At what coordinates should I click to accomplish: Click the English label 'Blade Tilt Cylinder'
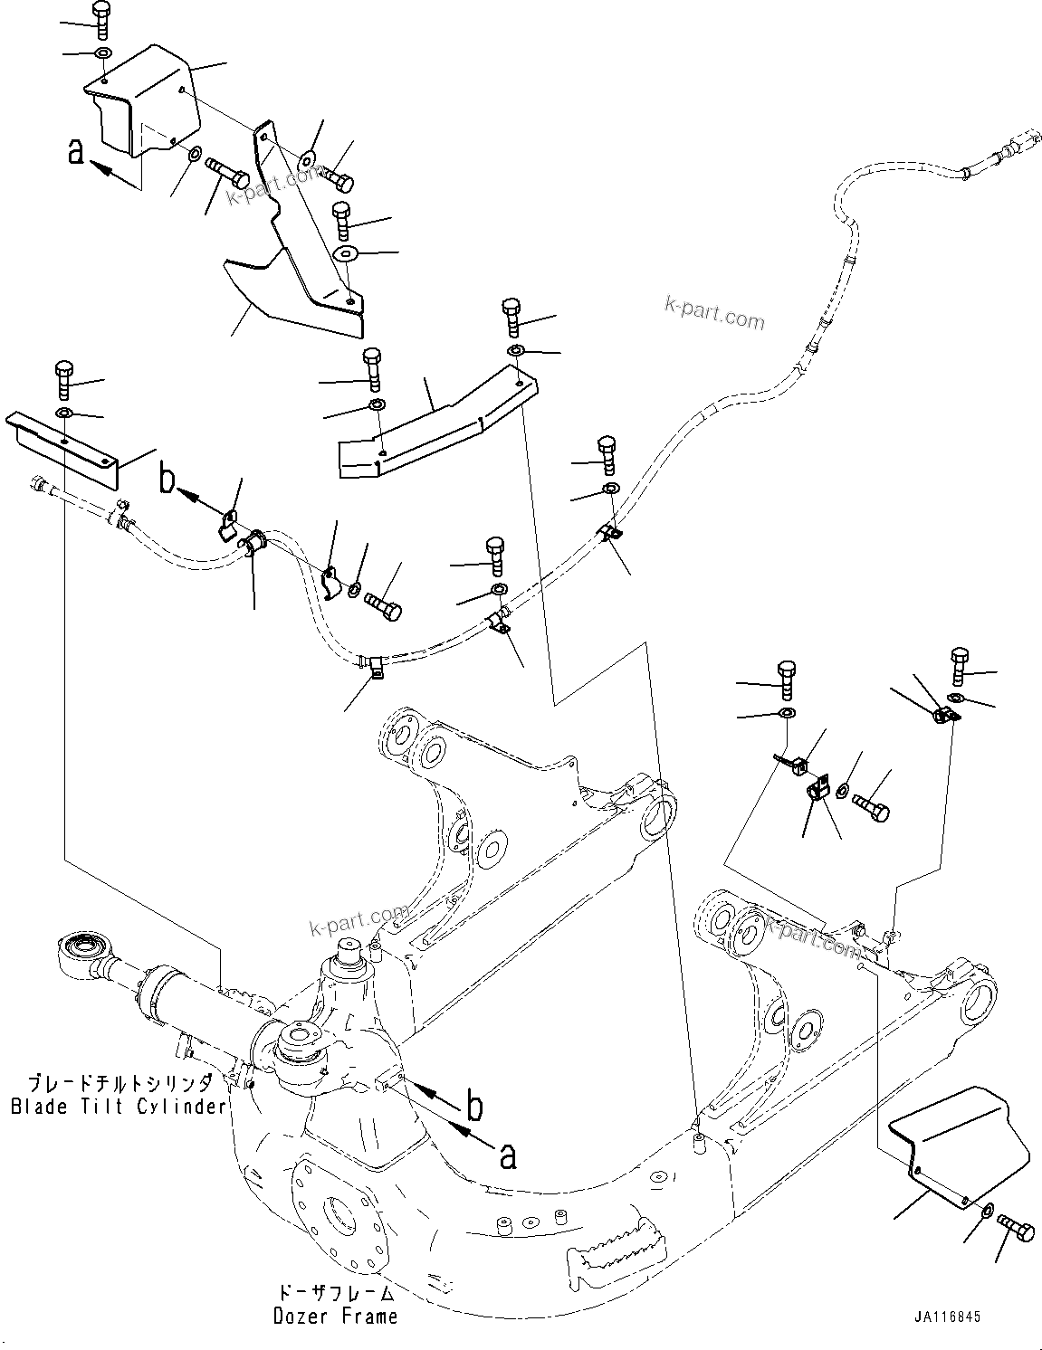[118, 1107]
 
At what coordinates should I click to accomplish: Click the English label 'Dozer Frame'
[335, 1317]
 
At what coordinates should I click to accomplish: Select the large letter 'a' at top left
[77, 152]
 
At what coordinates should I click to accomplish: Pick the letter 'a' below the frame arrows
[509, 1155]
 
